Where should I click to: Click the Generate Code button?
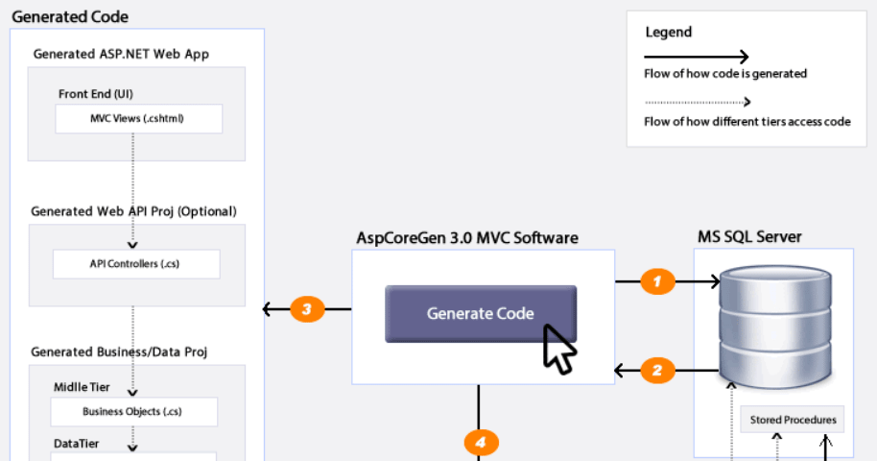[x=481, y=313]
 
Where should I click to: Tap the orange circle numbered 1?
[x=657, y=281]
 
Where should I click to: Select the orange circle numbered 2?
[x=657, y=369]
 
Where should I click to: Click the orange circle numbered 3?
[x=306, y=309]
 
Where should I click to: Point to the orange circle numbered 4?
[x=481, y=443]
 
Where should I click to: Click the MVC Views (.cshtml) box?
[x=137, y=119]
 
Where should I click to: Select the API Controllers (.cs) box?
[x=135, y=263]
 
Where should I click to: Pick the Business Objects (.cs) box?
[x=133, y=412]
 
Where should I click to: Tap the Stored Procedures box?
[x=793, y=420]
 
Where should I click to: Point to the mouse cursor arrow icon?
[x=558, y=349]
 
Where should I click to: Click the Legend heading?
[x=668, y=32]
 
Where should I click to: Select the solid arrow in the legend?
[x=697, y=57]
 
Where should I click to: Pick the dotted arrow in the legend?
[x=697, y=102]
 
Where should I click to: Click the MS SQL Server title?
[x=749, y=236]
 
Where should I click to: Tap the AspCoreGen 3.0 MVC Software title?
[x=467, y=237]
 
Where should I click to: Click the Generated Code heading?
[x=70, y=17]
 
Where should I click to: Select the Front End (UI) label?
[x=96, y=94]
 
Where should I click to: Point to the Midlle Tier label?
[x=82, y=387]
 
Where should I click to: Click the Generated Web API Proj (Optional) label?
[x=133, y=211]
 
